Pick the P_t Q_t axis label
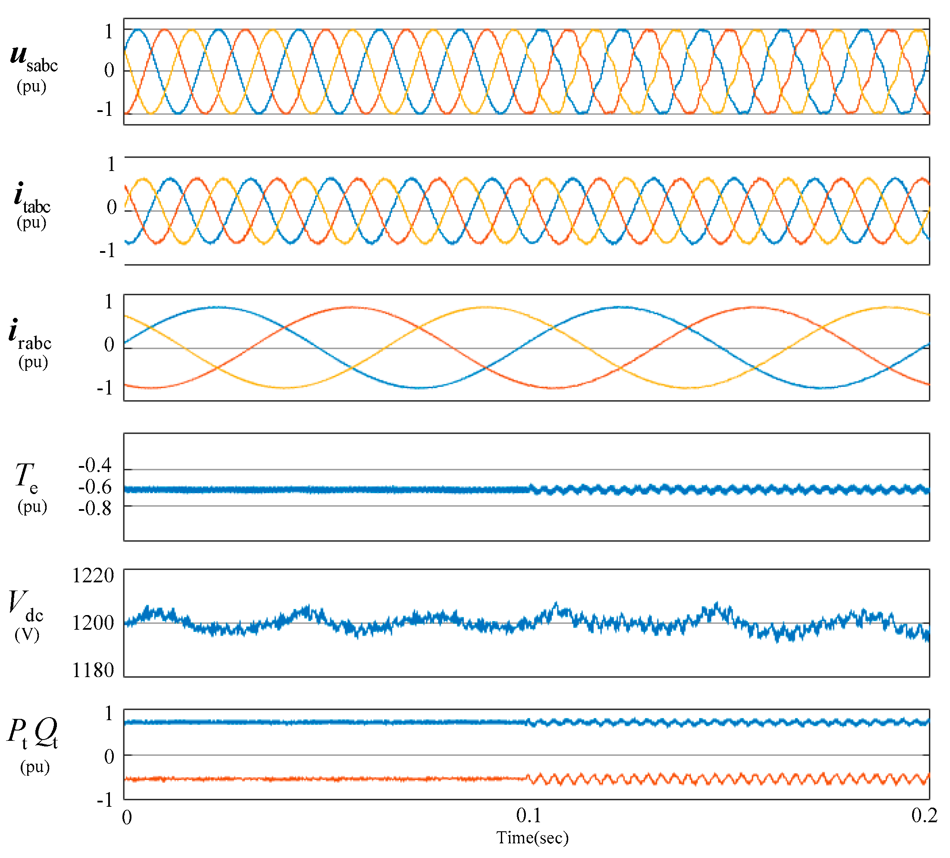(32, 733)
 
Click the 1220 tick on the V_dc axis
(93, 576)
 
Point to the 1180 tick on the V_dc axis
(93, 671)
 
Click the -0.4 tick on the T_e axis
(95, 466)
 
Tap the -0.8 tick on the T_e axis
(95, 509)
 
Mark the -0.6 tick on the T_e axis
(95, 487)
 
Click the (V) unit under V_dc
(27, 635)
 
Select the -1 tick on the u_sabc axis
(105, 110)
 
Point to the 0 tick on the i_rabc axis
(109, 345)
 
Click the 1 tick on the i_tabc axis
(111, 165)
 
